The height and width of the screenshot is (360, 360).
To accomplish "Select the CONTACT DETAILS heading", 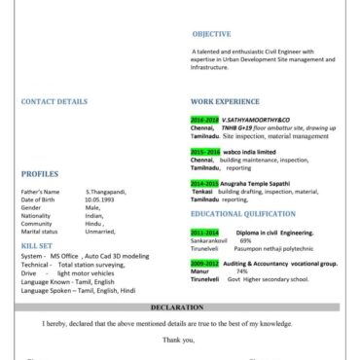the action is (x=54, y=100).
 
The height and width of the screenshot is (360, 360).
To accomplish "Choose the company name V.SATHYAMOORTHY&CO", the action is (x=255, y=119).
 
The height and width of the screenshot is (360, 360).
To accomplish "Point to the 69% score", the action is (x=246, y=240).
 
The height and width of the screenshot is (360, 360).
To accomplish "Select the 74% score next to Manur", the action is (x=241, y=270).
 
